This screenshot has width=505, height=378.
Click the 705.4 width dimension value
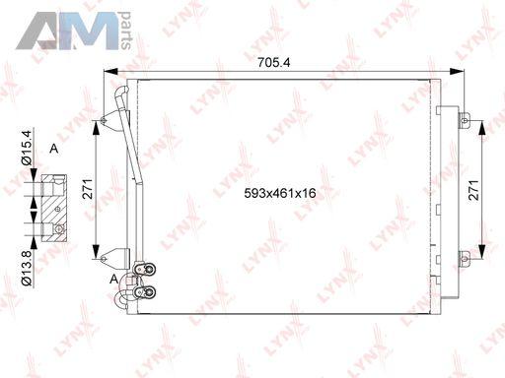coord(273,62)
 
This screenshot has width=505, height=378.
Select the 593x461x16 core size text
coord(280,193)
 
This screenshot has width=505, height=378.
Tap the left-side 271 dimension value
coord(88,189)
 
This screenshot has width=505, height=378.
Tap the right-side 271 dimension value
coord(473,190)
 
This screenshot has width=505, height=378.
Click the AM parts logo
coord(74,31)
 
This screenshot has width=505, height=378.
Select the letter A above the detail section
coord(53,149)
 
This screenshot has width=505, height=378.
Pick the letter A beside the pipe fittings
coord(113,280)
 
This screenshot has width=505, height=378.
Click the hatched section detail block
coord(54,209)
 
